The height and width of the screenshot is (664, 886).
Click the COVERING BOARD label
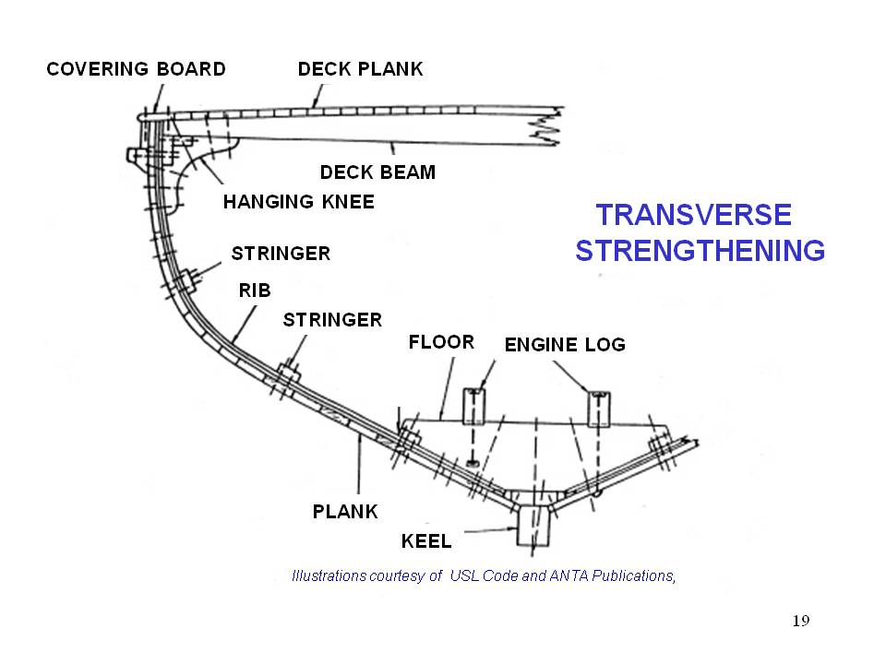(136, 69)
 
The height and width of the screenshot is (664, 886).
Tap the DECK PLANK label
(360, 69)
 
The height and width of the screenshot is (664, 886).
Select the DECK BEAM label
(377, 172)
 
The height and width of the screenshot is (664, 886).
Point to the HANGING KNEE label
(298, 202)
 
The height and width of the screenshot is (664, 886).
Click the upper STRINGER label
(281, 254)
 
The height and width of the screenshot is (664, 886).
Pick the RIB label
(255, 290)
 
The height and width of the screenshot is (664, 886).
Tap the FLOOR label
(441, 342)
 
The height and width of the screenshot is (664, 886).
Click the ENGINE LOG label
(565, 345)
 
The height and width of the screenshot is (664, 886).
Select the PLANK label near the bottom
(345, 511)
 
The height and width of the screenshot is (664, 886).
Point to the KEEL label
(425, 539)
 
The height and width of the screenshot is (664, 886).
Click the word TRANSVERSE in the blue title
(693, 215)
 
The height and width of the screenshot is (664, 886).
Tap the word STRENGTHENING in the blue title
(700, 251)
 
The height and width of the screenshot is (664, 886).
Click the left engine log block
(473, 406)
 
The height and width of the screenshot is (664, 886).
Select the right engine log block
(600, 406)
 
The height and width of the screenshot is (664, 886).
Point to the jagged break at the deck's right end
(545, 126)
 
